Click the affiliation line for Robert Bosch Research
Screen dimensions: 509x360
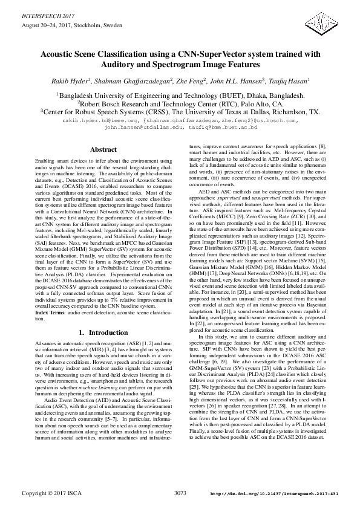180,103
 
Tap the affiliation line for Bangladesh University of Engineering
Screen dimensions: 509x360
180,95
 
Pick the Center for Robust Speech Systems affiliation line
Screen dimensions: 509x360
180,112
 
